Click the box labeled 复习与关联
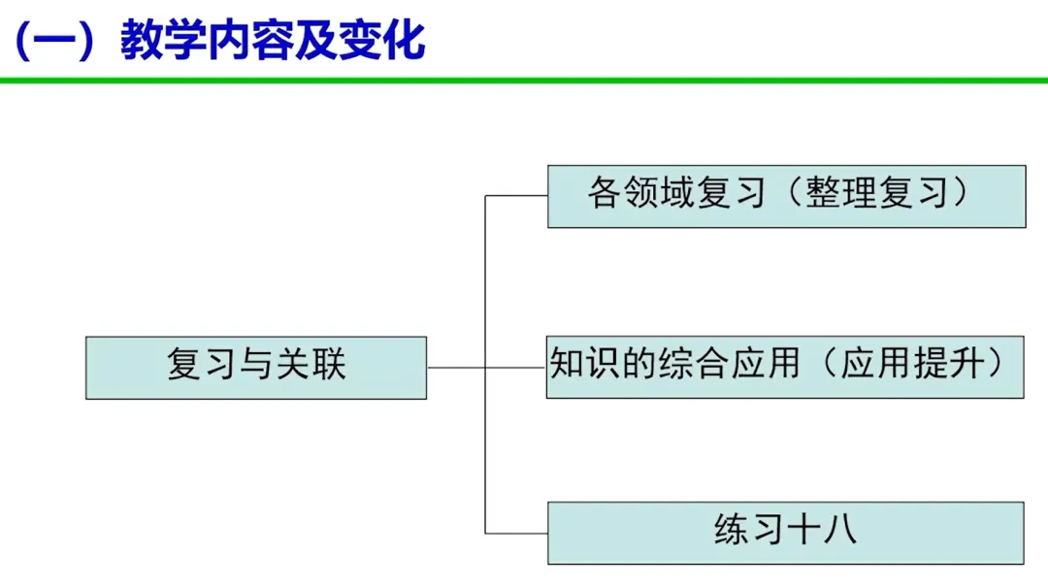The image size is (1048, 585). (x=255, y=368)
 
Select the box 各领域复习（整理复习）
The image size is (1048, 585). (x=786, y=196)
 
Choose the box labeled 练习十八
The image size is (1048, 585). (x=785, y=533)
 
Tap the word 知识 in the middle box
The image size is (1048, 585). (x=581, y=364)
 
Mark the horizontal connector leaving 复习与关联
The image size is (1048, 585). (x=456, y=368)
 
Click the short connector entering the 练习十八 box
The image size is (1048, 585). (x=516, y=533)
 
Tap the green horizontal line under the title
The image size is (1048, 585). (x=524, y=81)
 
